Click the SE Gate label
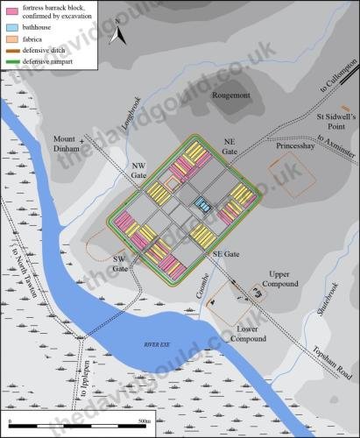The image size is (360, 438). (226, 253)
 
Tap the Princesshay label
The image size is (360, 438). (272, 147)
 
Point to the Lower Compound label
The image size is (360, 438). (256, 334)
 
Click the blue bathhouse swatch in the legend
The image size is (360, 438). (13, 27)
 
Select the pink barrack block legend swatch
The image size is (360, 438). (13, 11)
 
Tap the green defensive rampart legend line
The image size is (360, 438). (13, 64)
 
